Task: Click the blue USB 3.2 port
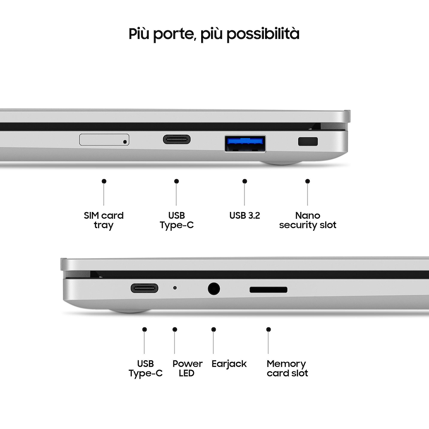click(245, 144)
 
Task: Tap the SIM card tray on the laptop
click(104, 139)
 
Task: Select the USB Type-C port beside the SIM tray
click(177, 139)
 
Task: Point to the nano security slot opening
click(308, 142)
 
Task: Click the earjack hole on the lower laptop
click(214, 289)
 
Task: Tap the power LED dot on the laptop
click(175, 288)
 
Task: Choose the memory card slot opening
click(269, 290)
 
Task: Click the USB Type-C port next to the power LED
click(145, 288)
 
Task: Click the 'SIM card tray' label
click(104, 220)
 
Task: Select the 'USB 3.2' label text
click(245, 216)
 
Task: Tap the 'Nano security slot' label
click(308, 220)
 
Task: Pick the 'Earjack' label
click(229, 364)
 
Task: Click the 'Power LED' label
click(187, 368)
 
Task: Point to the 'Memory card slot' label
click(287, 369)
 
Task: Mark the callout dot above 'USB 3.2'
click(245, 181)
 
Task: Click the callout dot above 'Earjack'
click(214, 329)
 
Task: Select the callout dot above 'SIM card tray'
click(104, 181)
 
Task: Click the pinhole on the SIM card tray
click(125, 142)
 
